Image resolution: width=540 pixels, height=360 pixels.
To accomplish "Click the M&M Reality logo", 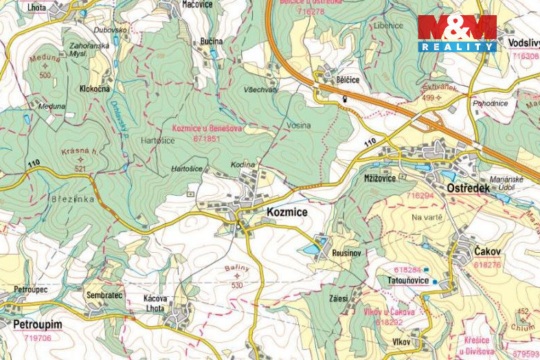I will point(457,32).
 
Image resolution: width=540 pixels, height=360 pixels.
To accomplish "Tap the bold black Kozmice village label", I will point(286,213).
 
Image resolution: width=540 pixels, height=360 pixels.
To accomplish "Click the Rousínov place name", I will point(346,254).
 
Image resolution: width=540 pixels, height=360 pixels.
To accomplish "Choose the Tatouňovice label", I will point(408,280).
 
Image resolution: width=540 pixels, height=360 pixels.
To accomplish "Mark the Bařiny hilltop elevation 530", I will point(238,285).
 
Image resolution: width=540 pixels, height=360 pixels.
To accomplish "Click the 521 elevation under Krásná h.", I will point(80,168).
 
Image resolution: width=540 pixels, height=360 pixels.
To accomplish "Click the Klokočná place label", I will point(95,89).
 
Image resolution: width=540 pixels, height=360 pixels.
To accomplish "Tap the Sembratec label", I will point(104,295).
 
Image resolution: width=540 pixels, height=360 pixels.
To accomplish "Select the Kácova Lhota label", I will point(155,303).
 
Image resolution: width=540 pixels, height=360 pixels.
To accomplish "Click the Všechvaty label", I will point(260,90).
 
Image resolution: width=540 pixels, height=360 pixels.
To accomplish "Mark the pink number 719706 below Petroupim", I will point(37,338).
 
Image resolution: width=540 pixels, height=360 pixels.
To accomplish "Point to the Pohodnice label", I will point(490,102).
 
